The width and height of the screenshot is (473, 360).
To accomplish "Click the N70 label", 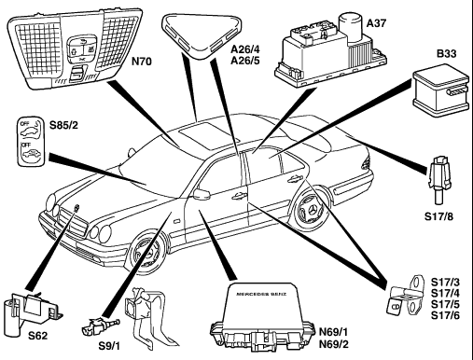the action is tap(142, 62).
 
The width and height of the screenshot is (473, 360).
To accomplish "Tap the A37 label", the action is tap(376, 23).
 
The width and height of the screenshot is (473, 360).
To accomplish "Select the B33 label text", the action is tap(447, 53).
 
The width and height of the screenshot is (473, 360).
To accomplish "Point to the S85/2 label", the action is tap(63, 125).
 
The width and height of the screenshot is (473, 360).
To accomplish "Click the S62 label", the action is tap(38, 336).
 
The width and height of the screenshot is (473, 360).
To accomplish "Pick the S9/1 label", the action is tap(109, 346).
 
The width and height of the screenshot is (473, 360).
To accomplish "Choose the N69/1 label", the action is tap(334, 332).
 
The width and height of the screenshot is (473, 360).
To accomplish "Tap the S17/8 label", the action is tap(438, 216).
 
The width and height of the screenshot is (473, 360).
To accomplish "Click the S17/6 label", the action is tap(445, 315).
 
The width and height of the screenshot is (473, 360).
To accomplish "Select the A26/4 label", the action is tap(245, 49).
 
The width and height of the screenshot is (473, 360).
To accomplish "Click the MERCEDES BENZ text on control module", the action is tap(261, 294).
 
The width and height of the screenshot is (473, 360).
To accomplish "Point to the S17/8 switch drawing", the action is tap(439, 179).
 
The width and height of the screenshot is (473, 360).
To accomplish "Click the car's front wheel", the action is tap(146, 251).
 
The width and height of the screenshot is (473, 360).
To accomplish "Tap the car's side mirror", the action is tap(202, 193).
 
